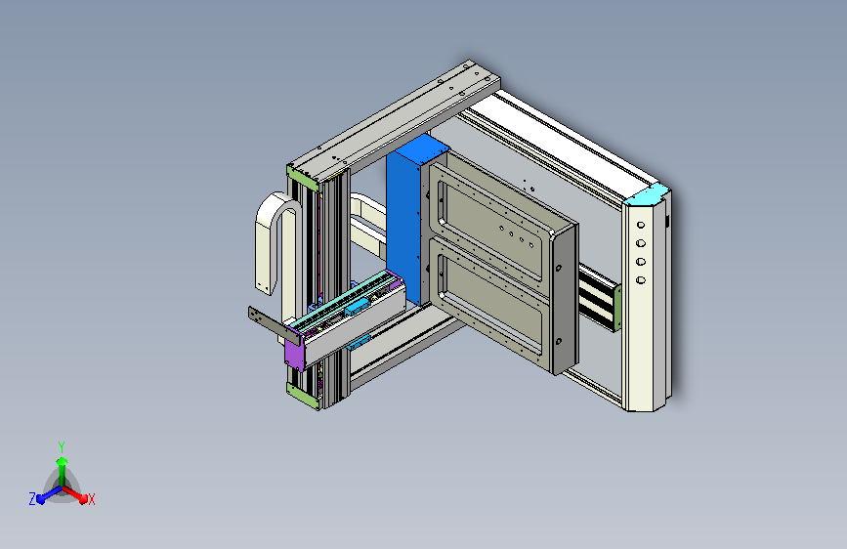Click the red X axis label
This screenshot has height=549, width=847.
[x=92, y=500]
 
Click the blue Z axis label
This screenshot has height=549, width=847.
[x=32, y=498]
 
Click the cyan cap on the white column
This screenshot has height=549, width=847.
[x=649, y=194]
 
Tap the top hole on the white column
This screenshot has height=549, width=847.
[x=640, y=224]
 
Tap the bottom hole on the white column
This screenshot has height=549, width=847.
[x=640, y=280]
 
